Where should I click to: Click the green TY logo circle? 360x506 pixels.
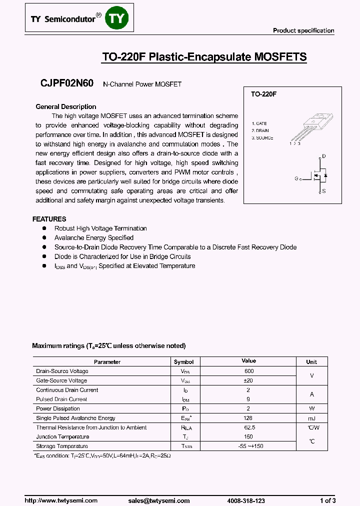tap(118, 19)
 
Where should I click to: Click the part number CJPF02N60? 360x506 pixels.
tap(66, 84)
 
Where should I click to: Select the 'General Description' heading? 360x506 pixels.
tap(66, 106)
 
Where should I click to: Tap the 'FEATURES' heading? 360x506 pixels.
tap(49, 219)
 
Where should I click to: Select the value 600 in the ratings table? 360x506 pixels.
tap(249, 371)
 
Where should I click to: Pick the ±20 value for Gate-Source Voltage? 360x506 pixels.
tap(249, 380)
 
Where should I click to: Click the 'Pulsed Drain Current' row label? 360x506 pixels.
tap(61, 399)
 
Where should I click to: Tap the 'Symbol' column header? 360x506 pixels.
tap(183, 361)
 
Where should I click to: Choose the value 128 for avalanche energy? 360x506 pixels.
tap(249, 418)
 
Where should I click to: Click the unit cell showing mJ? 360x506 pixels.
tap(311, 418)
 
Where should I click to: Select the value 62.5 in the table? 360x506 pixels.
tap(249, 427)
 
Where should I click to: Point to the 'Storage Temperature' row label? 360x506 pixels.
tap(62, 446)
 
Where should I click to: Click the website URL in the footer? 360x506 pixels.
tap(61, 500)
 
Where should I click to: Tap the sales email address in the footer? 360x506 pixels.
tap(158, 500)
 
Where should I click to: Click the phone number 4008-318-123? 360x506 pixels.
tap(246, 500)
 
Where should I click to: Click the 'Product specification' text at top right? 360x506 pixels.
tap(303, 30)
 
